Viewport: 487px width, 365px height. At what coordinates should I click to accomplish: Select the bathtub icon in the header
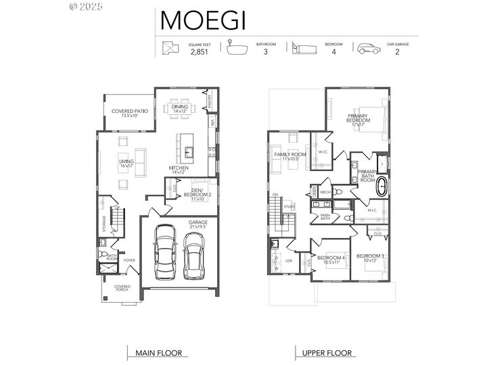coord(237,47)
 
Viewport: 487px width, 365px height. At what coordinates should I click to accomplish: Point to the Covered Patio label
coord(129,113)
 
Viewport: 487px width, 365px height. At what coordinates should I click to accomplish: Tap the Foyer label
coord(129,259)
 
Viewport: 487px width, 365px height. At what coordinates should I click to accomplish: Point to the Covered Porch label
coord(122,289)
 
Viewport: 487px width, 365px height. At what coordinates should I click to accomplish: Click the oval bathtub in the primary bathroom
coord(382,187)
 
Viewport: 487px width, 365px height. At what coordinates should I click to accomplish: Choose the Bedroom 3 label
coord(370,258)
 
